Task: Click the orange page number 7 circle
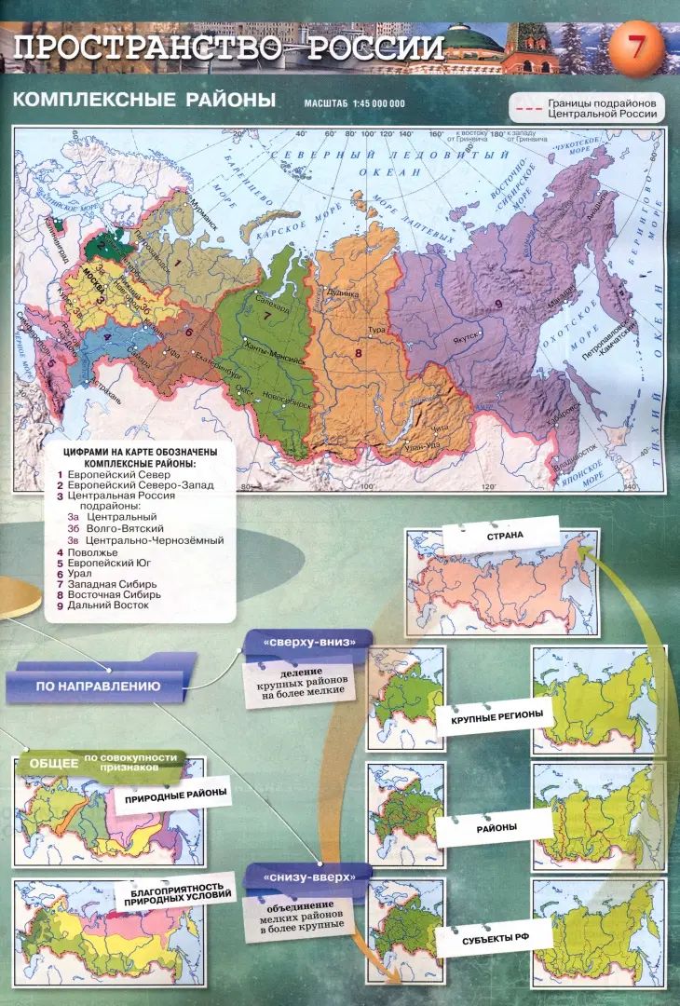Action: click(x=636, y=47)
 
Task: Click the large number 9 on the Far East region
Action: click(x=498, y=305)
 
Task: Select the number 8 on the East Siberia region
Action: click(x=357, y=352)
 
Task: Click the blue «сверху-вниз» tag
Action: click(x=306, y=642)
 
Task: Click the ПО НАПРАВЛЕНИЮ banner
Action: click(x=98, y=687)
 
